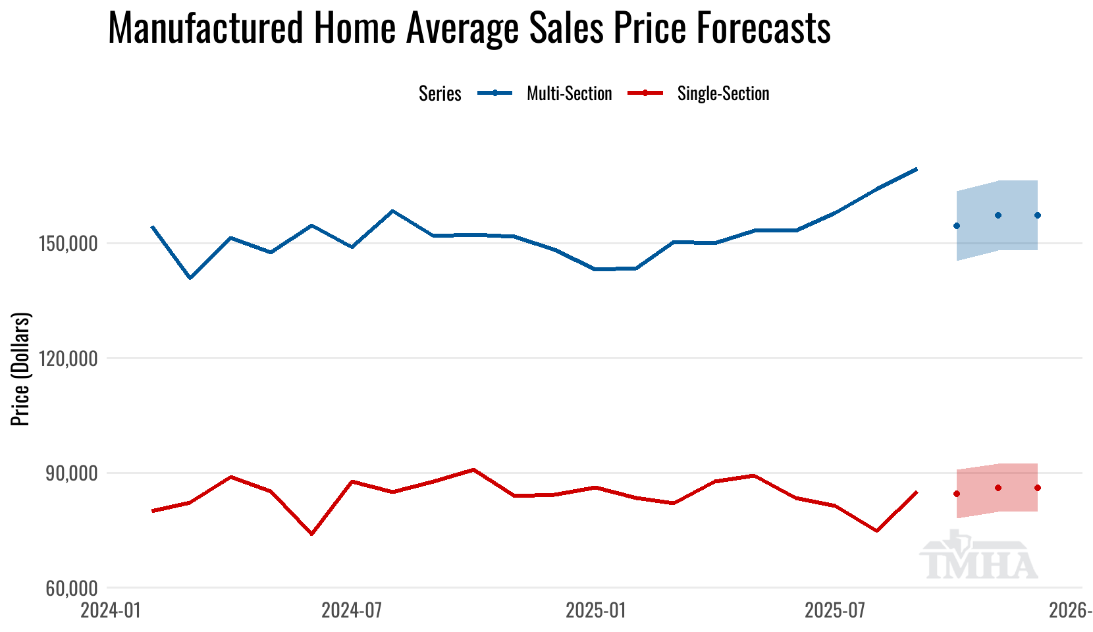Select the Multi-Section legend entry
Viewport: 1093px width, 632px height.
tap(569, 93)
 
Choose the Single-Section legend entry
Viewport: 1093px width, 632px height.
tap(723, 93)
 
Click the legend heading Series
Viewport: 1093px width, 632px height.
tap(440, 93)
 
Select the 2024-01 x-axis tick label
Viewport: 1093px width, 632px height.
tap(111, 611)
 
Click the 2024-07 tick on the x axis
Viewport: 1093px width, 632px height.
tap(352, 611)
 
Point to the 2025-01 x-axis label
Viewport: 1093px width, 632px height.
tap(595, 611)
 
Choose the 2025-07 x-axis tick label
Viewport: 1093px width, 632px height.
tap(835, 611)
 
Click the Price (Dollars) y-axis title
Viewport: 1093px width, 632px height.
tap(21, 369)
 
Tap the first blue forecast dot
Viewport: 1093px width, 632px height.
tap(957, 226)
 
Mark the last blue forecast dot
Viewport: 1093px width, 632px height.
tap(1037, 215)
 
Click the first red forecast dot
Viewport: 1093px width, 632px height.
tap(957, 494)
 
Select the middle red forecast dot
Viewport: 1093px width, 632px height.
tap(998, 488)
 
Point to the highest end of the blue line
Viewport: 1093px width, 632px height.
tap(917, 169)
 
